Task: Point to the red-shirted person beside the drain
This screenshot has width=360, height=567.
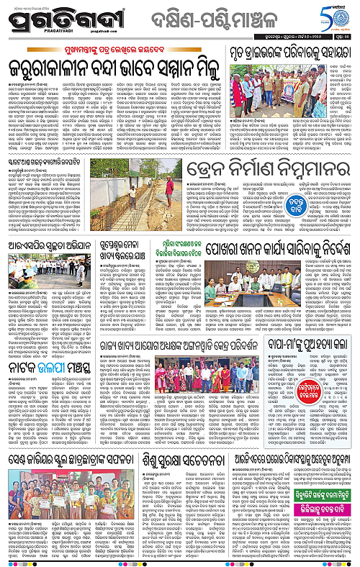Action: point(170,188)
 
